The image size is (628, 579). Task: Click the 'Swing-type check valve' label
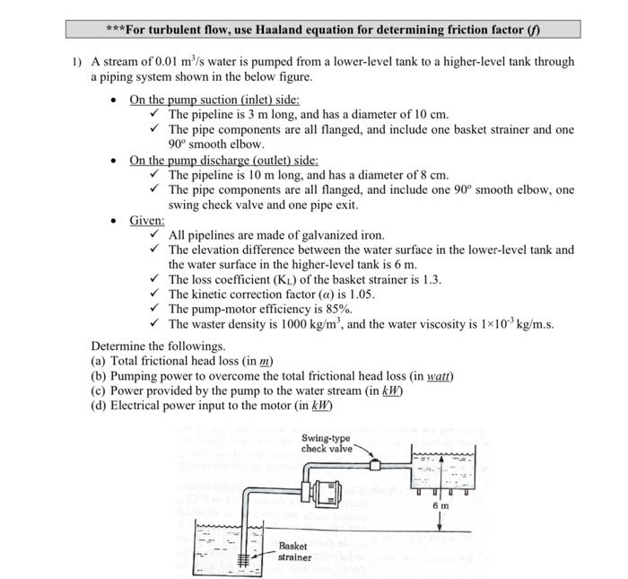tap(327, 443)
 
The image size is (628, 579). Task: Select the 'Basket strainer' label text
tap(294, 551)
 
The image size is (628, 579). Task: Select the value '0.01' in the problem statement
tap(167, 62)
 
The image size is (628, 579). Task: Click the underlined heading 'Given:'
tap(147, 220)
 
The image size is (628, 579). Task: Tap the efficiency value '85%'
tap(327, 309)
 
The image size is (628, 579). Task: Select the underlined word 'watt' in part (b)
tap(439, 376)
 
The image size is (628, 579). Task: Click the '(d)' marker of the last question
tap(99, 406)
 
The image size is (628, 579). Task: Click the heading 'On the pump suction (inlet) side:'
tap(214, 100)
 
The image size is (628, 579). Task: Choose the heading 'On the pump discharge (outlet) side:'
tap(223, 160)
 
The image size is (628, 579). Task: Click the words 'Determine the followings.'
tap(158, 346)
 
